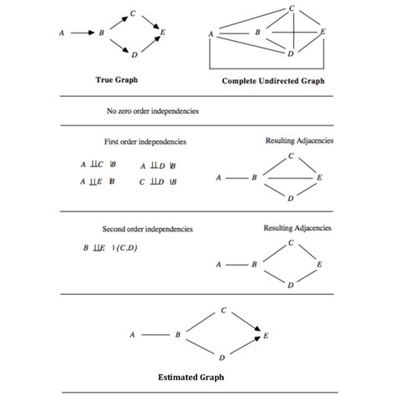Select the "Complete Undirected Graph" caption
click(273, 82)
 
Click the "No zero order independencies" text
click(152, 110)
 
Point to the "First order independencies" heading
click(145, 141)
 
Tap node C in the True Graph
click(134, 14)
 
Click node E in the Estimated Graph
click(267, 335)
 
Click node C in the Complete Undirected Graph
click(292, 8)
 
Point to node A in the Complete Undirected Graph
click(211, 33)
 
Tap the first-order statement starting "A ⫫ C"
click(98, 165)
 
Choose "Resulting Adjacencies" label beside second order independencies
click(297, 227)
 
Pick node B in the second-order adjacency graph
click(254, 265)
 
